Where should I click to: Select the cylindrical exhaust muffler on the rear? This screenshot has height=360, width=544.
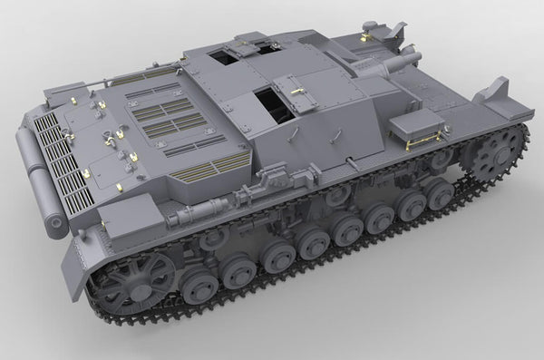pos(39,186)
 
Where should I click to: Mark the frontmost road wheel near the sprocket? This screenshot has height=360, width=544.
pos(439,191)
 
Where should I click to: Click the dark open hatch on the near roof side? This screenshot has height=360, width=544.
pos(273,102)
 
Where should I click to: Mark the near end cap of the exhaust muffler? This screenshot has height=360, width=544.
pos(55,222)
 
